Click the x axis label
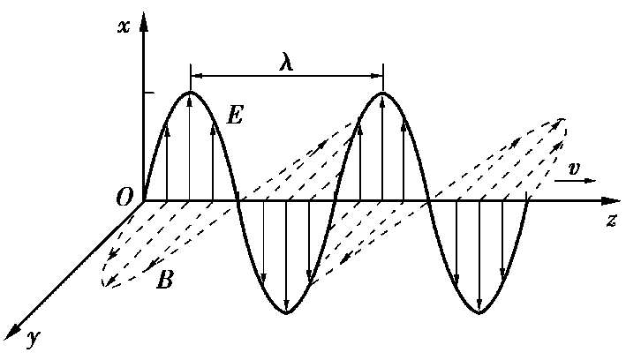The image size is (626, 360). (x=124, y=26)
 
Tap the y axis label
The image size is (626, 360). (x=34, y=338)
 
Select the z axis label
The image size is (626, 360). (x=611, y=220)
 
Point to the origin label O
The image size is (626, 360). (x=124, y=197)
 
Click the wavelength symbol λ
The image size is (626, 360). (x=286, y=63)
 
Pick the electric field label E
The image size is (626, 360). (x=234, y=116)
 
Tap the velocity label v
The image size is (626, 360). (x=574, y=169)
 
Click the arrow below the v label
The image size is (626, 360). (x=575, y=180)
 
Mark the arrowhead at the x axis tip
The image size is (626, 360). (x=144, y=21)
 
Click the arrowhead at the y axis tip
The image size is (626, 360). (x=12, y=332)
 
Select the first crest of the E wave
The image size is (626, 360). (x=191, y=93)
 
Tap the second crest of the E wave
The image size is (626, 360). (x=382, y=93)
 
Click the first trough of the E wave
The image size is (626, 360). (x=286, y=312)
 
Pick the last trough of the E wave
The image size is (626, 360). (x=479, y=311)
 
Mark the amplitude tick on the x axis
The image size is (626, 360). (x=148, y=93)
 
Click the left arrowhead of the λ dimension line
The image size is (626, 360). (x=196, y=76)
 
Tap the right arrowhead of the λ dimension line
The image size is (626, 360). (x=377, y=76)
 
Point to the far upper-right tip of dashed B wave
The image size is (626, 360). (x=564, y=120)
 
